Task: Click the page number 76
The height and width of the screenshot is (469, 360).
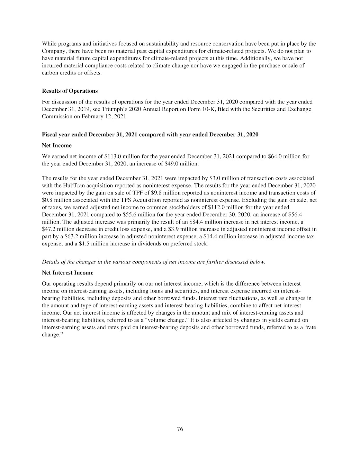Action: (180, 429)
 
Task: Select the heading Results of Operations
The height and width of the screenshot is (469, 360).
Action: (70, 91)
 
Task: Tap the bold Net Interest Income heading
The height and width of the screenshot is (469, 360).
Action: (67, 273)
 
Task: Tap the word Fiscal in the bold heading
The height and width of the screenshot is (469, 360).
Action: (49, 135)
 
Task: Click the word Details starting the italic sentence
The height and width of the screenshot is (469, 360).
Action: (51, 262)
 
